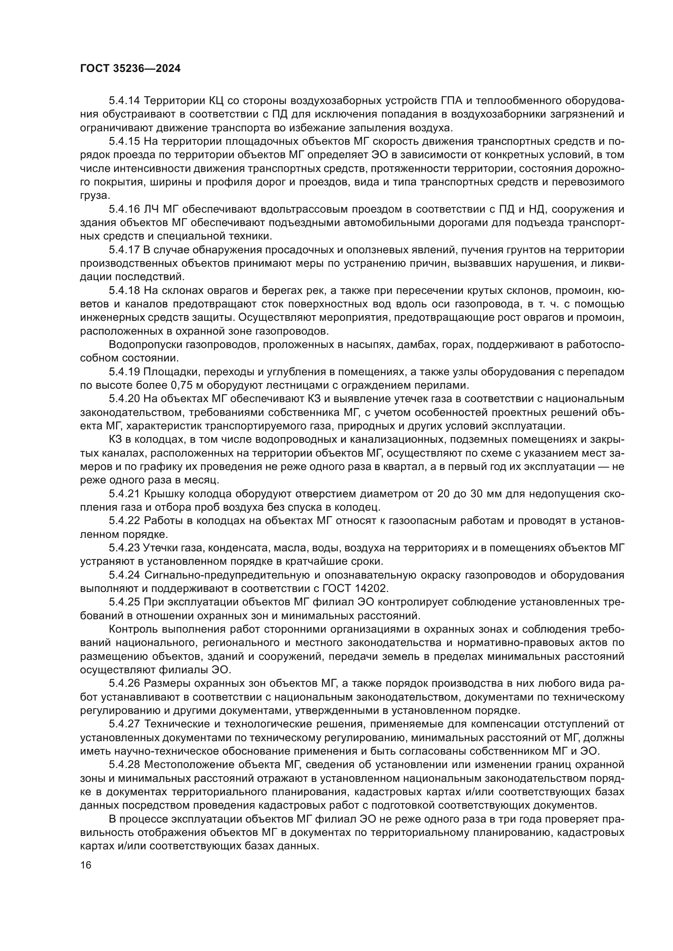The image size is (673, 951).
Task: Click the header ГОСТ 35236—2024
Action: pyautogui.click(x=130, y=69)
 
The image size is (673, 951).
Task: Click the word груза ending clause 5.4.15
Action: pyautogui.click(x=94, y=196)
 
